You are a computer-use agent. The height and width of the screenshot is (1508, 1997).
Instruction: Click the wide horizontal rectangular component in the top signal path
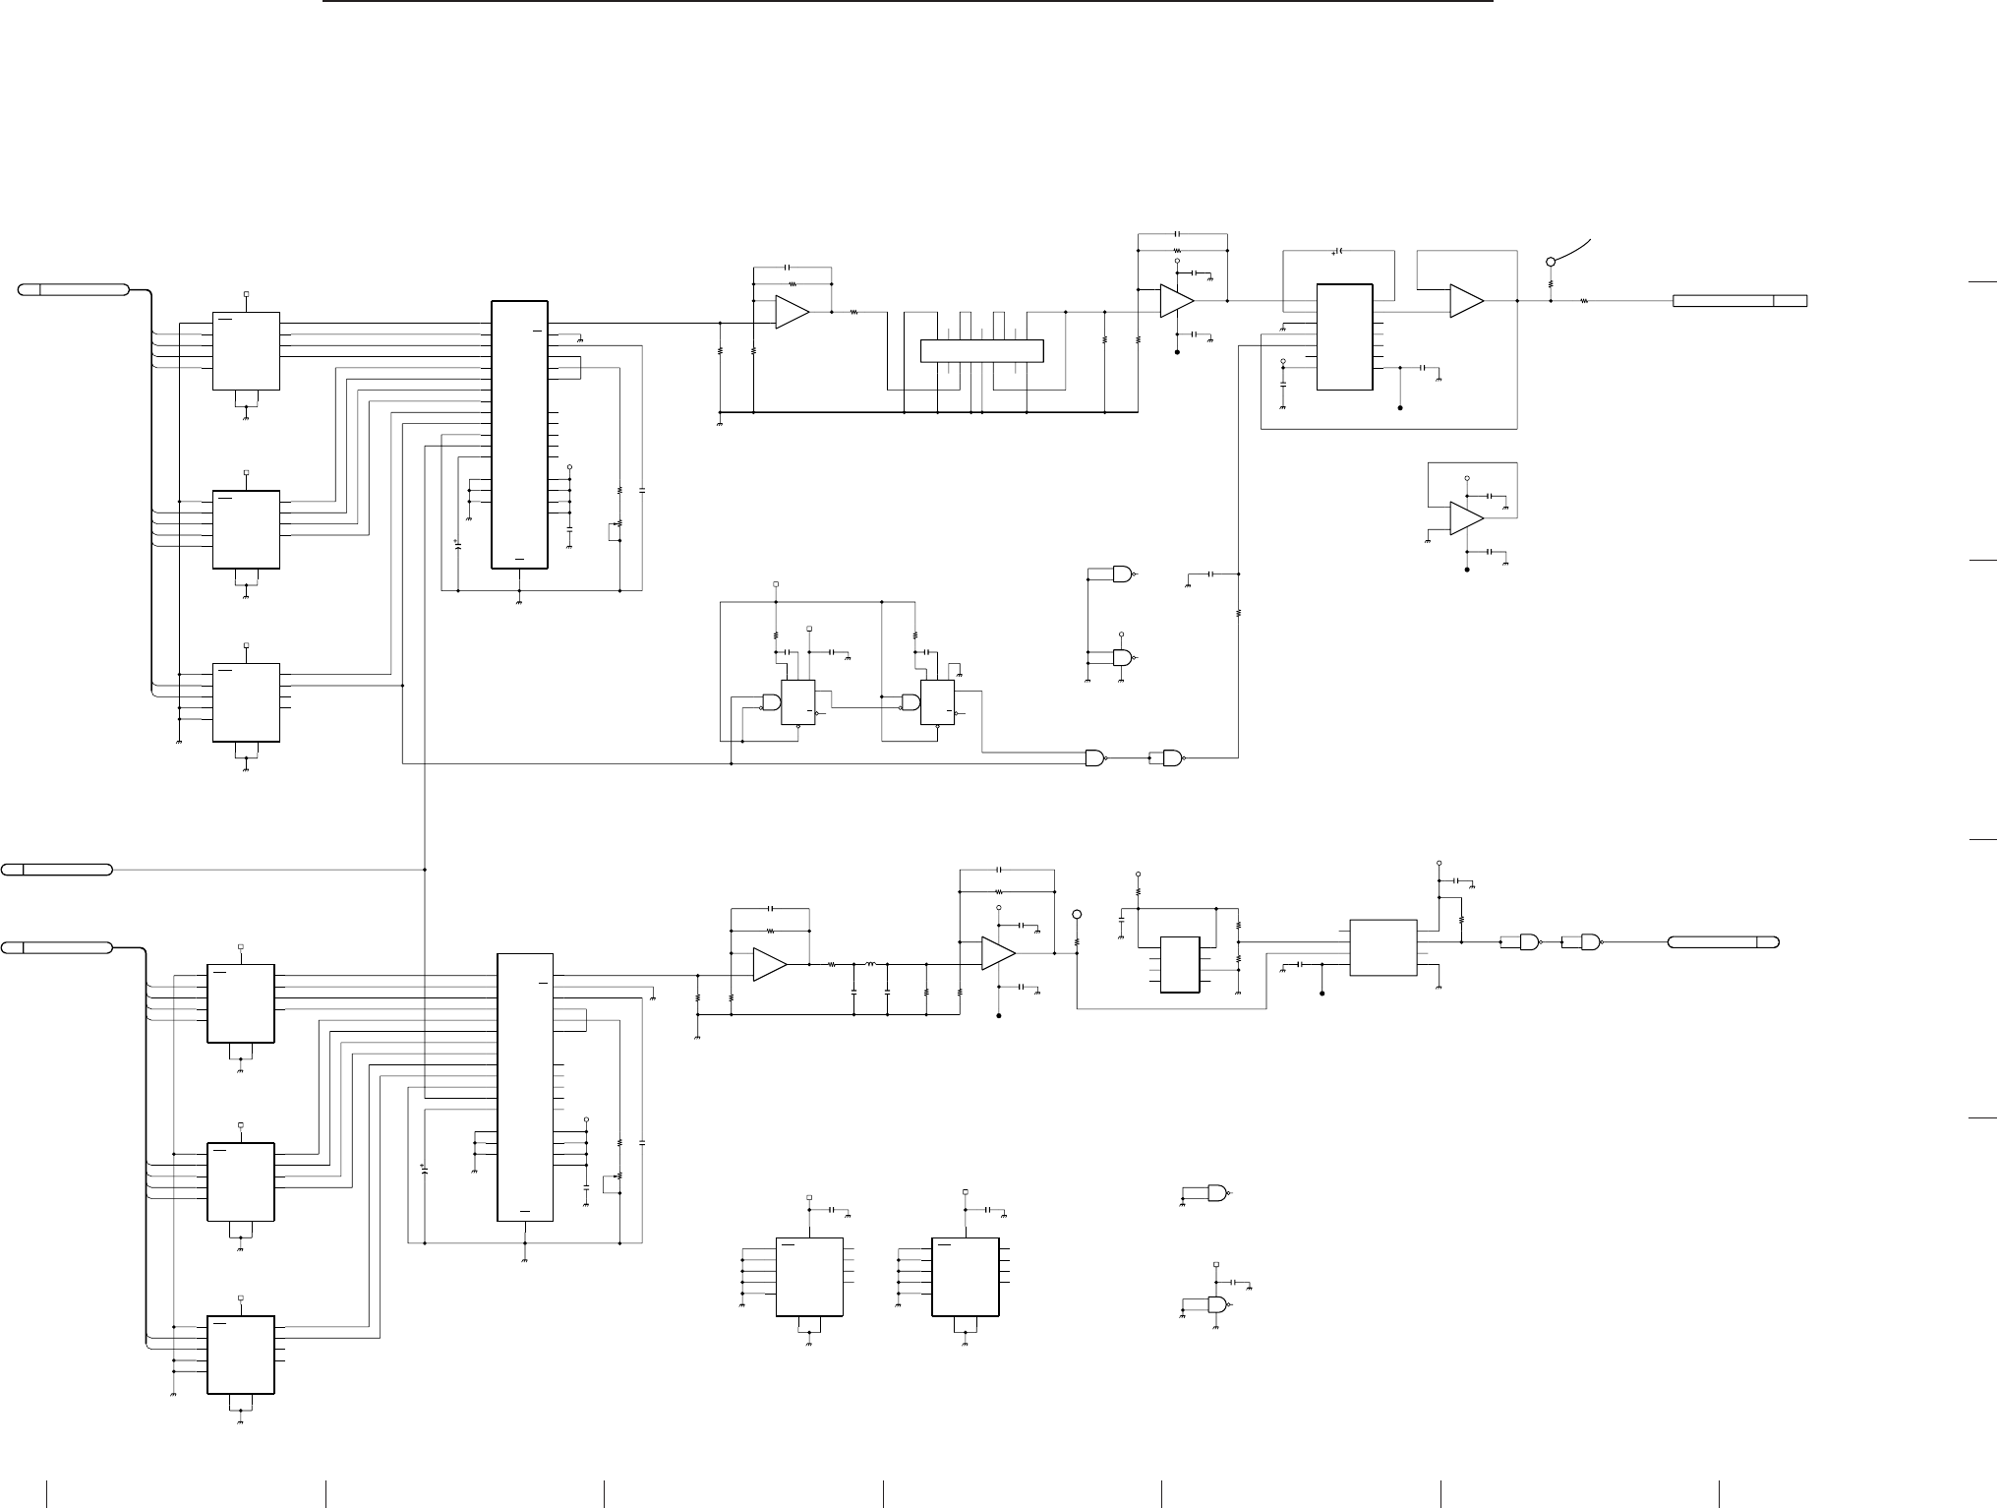pos(980,350)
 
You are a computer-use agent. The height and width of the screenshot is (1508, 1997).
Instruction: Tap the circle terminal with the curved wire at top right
pos(1551,262)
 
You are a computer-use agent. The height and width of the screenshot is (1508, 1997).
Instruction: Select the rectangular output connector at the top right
pos(1739,300)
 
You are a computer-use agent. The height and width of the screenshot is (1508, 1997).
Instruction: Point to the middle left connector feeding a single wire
pos(57,869)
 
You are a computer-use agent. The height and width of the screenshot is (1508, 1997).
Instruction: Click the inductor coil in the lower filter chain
pos(869,965)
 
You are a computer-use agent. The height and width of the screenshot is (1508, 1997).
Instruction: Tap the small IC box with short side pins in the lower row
pos(1180,964)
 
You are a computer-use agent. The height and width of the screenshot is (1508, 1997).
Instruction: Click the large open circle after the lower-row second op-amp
pos(1077,914)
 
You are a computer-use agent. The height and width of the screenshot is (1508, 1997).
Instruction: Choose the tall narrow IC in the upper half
pos(519,434)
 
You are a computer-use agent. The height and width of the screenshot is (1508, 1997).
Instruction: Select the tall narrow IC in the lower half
pos(526,1087)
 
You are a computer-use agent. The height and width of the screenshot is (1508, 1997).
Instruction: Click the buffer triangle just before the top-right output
pos(1466,301)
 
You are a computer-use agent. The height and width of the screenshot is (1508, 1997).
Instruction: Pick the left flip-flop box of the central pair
pos(797,702)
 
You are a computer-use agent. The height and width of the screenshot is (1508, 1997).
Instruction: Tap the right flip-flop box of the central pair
pos(937,702)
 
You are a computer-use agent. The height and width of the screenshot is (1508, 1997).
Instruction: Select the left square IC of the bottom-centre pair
pos(809,1276)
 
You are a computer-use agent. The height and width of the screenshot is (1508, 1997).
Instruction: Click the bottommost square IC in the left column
pos(240,1355)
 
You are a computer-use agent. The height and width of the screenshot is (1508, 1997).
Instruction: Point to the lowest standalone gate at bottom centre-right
pos(1217,1305)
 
